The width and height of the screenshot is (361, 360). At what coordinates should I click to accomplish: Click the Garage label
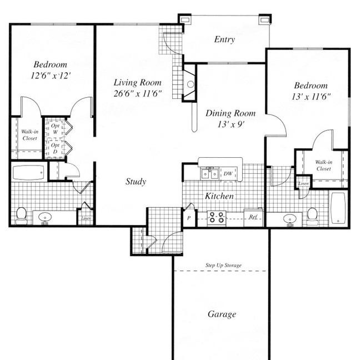coord(222,314)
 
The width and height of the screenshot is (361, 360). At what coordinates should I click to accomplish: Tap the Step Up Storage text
coord(224,266)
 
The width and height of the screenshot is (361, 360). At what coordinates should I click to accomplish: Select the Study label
coord(136,182)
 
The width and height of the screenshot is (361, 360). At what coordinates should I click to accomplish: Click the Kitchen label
coord(219,196)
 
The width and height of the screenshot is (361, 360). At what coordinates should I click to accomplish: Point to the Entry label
coord(224,39)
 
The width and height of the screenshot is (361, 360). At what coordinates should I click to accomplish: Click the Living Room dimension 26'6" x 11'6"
coord(138,93)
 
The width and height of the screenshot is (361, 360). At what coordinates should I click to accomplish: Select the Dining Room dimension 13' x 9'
coord(230,124)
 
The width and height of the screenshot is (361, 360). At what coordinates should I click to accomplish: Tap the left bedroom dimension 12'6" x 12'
coord(51,76)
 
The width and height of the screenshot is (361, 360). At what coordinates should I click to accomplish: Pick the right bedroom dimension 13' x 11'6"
coord(311,97)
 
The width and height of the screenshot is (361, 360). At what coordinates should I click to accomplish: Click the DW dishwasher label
coord(228,174)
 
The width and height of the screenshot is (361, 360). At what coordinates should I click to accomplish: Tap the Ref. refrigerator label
coord(253,217)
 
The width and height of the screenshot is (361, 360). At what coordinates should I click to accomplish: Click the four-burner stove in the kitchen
coord(217,218)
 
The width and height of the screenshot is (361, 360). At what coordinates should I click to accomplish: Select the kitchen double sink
coord(210,174)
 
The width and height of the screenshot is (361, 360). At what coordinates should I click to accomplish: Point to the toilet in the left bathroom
coord(22,216)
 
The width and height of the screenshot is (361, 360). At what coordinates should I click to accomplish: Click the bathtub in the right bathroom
coord(338,208)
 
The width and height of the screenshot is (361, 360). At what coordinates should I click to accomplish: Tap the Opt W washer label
coord(55,129)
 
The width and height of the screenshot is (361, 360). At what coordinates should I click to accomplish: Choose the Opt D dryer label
coord(55,148)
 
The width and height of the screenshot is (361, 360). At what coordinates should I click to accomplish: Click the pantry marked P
coord(189,218)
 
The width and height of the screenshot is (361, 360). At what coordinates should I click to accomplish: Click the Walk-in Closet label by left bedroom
coord(29,135)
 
